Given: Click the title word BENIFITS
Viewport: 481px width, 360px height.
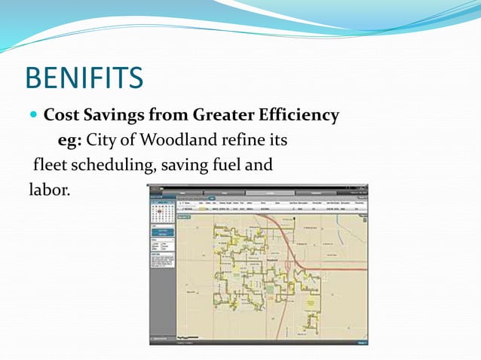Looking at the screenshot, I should (84, 78).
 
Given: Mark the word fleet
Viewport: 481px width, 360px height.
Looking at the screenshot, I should (48, 164).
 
